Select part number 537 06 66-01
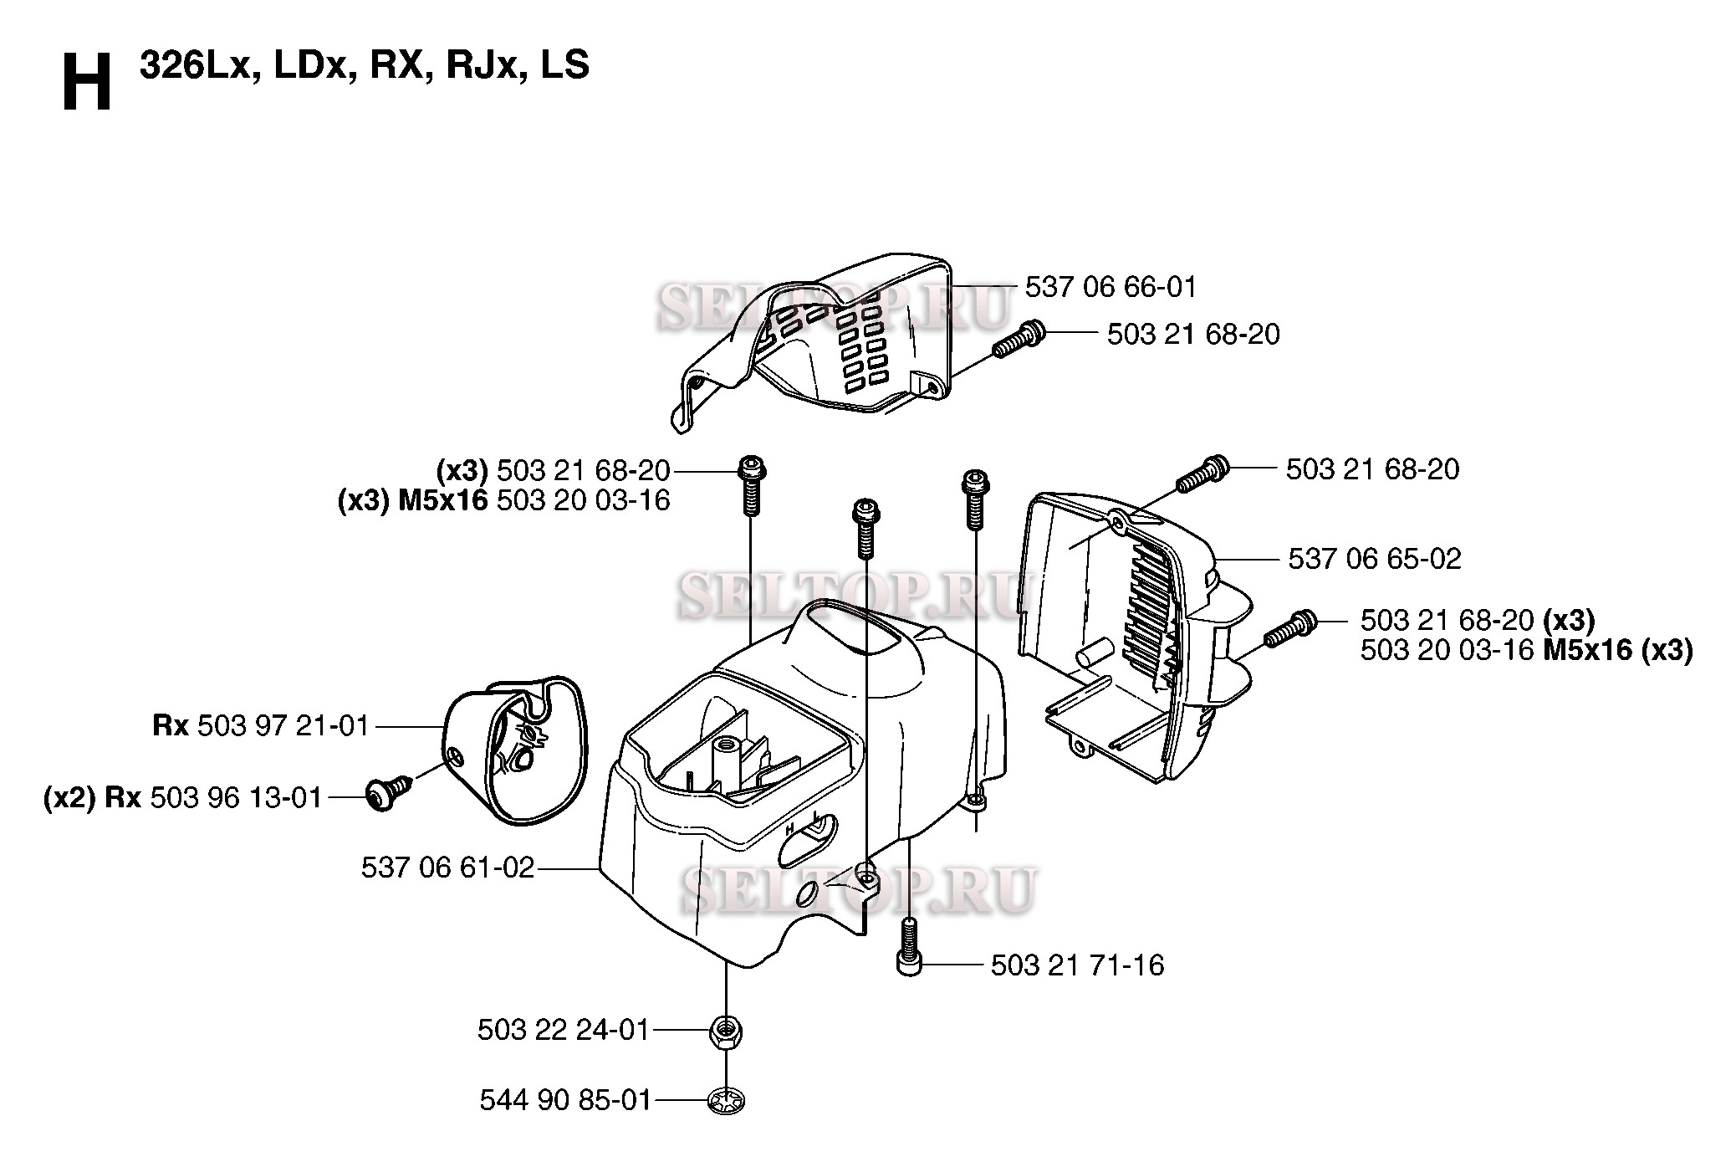coord(1111,288)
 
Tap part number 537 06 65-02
coord(1374,559)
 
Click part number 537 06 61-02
coord(447,868)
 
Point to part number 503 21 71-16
coord(1077,965)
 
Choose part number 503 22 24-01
coord(564,1030)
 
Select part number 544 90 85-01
coord(565,1100)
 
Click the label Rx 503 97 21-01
coord(261,725)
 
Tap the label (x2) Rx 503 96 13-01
coord(183,798)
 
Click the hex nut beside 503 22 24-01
coord(726,1031)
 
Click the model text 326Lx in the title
coord(197,65)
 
